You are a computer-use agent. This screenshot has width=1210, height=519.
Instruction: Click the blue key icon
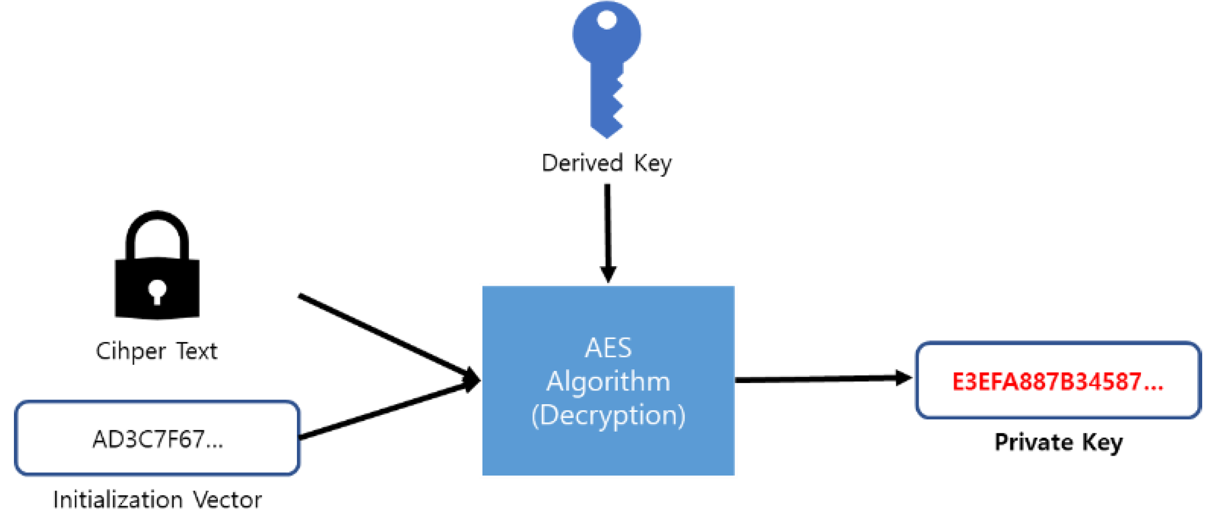(x=607, y=67)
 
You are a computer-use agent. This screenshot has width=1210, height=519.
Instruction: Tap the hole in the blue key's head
(x=606, y=21)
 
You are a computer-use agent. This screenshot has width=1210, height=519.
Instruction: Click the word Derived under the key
(x=582, y=163)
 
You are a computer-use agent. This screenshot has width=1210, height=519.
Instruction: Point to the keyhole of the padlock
(x=157, y=291)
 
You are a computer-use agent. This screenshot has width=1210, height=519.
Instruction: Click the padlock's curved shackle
(x=157, y=228)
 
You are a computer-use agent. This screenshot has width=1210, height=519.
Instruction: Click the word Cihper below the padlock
(x=131, y=351)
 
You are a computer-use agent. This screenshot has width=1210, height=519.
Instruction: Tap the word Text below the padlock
(x=197, y=351)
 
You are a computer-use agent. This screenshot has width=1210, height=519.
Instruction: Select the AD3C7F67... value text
(x=158, y=439)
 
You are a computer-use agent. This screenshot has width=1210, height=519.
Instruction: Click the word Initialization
(x=118, y=500)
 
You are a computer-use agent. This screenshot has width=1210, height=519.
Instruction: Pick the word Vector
(x=227, y=500)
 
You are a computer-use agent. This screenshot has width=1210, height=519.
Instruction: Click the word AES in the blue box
(x=608, y=348)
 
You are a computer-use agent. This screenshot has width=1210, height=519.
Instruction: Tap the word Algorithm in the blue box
(x=608, y=382)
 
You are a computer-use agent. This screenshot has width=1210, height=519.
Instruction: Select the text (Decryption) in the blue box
(x=608, y=415)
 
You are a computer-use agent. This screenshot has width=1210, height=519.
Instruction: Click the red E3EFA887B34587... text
(x=1057, y=381)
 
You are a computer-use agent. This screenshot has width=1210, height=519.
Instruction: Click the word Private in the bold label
(x=1033, y=442)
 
